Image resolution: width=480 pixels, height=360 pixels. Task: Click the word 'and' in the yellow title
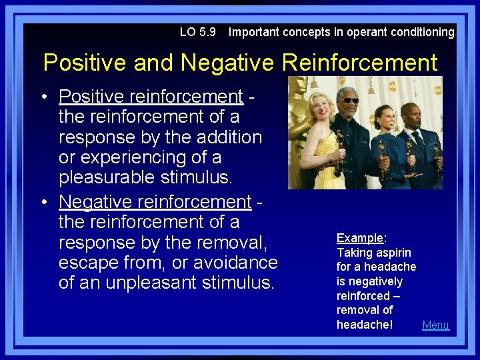156,63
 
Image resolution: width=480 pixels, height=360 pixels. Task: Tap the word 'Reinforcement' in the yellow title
360,63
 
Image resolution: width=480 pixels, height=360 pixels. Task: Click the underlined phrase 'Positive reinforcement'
151,97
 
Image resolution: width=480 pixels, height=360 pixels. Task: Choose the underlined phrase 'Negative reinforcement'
155,201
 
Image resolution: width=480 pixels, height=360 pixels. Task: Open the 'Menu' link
436,325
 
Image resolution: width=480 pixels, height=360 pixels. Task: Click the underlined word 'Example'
360,238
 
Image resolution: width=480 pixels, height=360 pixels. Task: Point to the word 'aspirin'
393,253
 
